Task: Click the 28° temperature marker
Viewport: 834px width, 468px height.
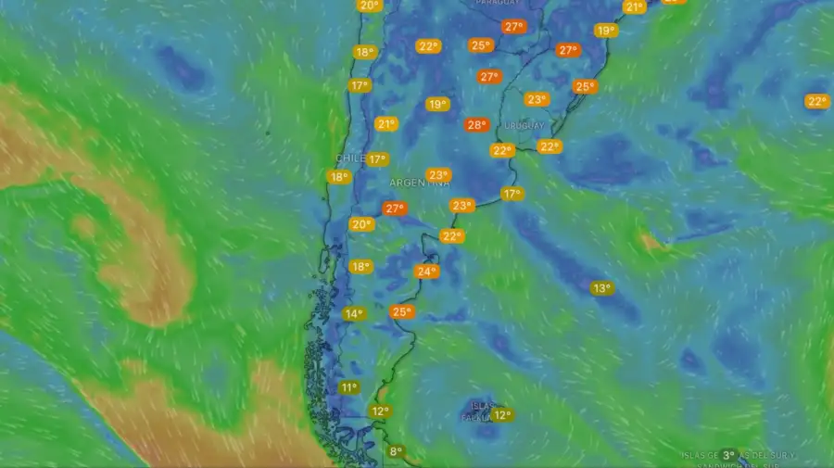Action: click(476, 125)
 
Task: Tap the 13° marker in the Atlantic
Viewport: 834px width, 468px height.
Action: click(602, 288)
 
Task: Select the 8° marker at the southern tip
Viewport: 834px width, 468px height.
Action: click(397, 452)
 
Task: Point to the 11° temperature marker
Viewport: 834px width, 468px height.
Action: click(348, 388)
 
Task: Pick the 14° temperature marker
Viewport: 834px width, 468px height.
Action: click(353, 314)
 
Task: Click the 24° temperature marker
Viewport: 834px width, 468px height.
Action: click(426, 272)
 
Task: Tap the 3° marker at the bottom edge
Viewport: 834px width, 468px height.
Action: click(729, 456)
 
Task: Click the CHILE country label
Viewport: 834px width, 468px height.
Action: click(349, 158)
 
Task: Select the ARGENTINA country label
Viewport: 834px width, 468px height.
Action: click(420, 183)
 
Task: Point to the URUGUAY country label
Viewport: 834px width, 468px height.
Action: click(524, 125)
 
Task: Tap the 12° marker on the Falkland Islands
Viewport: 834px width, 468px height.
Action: click(501, 415)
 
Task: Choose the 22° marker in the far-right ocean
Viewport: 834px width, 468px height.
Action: click(816, 102)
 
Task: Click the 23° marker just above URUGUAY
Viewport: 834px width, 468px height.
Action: click(536, 99)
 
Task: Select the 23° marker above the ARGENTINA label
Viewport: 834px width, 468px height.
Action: click(438, 174)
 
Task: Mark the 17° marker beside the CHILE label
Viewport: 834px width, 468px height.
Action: click(376, 159)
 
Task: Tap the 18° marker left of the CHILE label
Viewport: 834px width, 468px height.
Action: click(339, 177)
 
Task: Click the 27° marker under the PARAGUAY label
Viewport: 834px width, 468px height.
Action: click(513, 27)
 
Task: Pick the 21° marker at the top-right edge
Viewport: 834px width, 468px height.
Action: click(634, 6)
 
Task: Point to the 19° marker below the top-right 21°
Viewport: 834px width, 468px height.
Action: click(605, 31)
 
